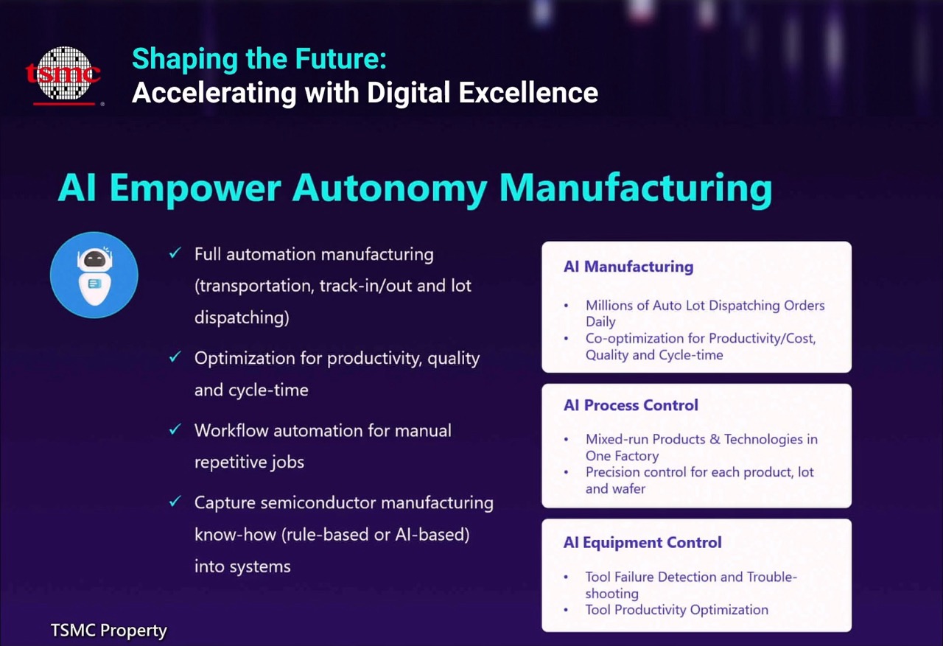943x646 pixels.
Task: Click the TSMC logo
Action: pyautogui.click(x=63, y=76)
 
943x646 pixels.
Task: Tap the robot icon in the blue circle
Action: pyautogui.click(x=94, y=275)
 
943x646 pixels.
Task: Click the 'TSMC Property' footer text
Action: pyautogui.click(x=108, y=631)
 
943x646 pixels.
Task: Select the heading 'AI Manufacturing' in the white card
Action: pyautogui.click(x=628, y=267)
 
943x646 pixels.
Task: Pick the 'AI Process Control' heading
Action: pyautogui.click(x=631, y=405)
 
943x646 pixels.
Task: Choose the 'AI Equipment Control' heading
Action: pyautogui.click(x=642, y=542)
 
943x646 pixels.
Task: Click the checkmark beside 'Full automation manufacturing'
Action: pyautogui.click(x=175, y=253)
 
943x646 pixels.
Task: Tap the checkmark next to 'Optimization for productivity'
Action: pyautogui.click(x=175, y=357)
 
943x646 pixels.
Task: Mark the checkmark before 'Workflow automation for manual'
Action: pyautogui.click(x=175, y=429)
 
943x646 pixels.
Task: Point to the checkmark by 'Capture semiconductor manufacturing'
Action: pyautogui.click(x=175, y=501)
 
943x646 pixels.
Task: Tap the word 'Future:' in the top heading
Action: pyautogui.click(x=340, y=58)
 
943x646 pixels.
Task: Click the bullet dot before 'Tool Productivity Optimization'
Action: pyautogui.click(x=567, y=610)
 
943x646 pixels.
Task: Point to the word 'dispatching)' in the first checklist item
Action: pyautogui.click(x=242, y=318)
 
